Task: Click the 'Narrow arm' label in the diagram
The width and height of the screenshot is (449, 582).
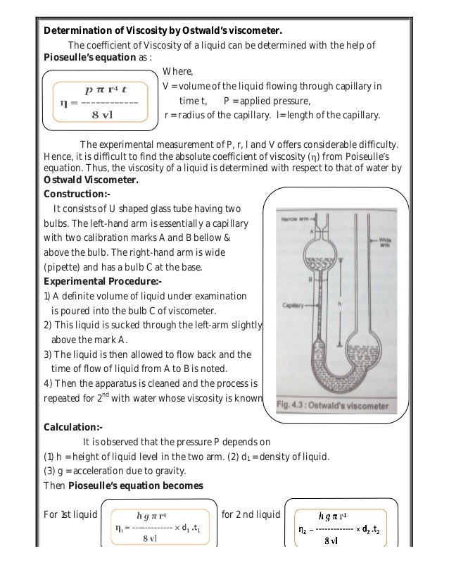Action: (295, 219)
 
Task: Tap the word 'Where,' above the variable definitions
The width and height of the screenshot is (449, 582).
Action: (177, 71)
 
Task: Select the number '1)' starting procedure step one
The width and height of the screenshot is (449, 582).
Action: (47, 297)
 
